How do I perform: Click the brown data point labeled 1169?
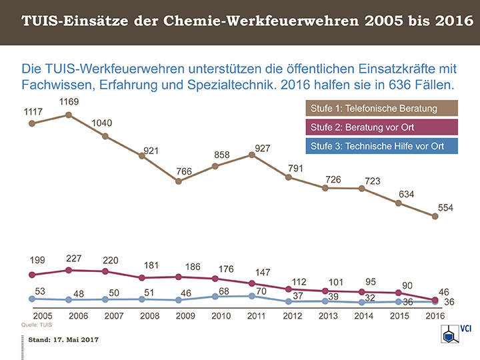[69, 115]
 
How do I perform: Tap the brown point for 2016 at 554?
[435, 216]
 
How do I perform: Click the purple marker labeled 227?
[69, 270]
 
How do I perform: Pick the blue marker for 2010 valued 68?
[215, 296]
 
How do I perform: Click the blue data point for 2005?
[31, 299]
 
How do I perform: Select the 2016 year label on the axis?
[435, 315]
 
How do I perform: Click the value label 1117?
[34, 111]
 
